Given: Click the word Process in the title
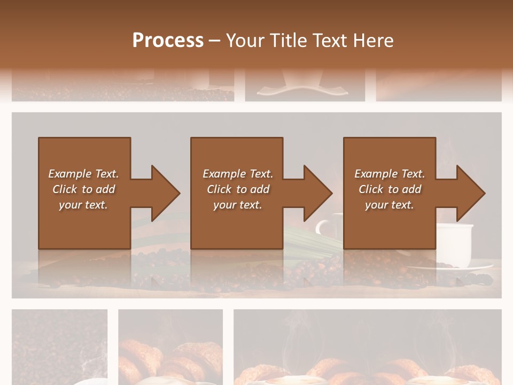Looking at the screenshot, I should (168, 40).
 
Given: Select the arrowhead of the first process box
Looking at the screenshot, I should (163, 193).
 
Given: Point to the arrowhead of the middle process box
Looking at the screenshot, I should (316, 193).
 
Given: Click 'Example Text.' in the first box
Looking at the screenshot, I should (83, 174).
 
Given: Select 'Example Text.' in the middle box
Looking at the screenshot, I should (237, 174).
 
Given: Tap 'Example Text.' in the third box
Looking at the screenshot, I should (390, 174).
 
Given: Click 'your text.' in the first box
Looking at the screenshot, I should (83, 205).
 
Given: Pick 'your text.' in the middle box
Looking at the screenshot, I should (237, 205).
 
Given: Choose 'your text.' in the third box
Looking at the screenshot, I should (390, 205).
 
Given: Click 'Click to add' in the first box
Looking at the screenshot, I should (83, 189).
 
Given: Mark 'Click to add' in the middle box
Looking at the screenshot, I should (237, 189).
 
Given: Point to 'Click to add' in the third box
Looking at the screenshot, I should (390, 189).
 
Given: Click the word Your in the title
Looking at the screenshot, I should (244, 40).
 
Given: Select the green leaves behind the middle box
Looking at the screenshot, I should (313, 238).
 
